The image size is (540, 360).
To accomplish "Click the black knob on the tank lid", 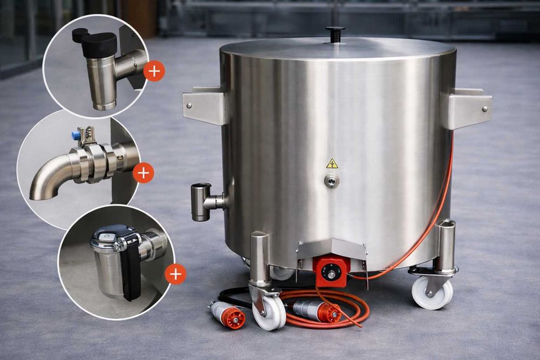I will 335,33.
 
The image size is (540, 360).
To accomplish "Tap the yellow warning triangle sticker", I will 332,164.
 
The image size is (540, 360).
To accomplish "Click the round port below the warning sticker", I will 332,181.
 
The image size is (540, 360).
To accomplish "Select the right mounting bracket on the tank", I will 468,108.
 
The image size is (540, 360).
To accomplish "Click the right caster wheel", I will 432,292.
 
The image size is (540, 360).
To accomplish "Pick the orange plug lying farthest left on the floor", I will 230,315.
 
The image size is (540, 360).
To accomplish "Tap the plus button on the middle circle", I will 143,173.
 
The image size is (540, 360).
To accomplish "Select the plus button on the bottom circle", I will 175,274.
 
